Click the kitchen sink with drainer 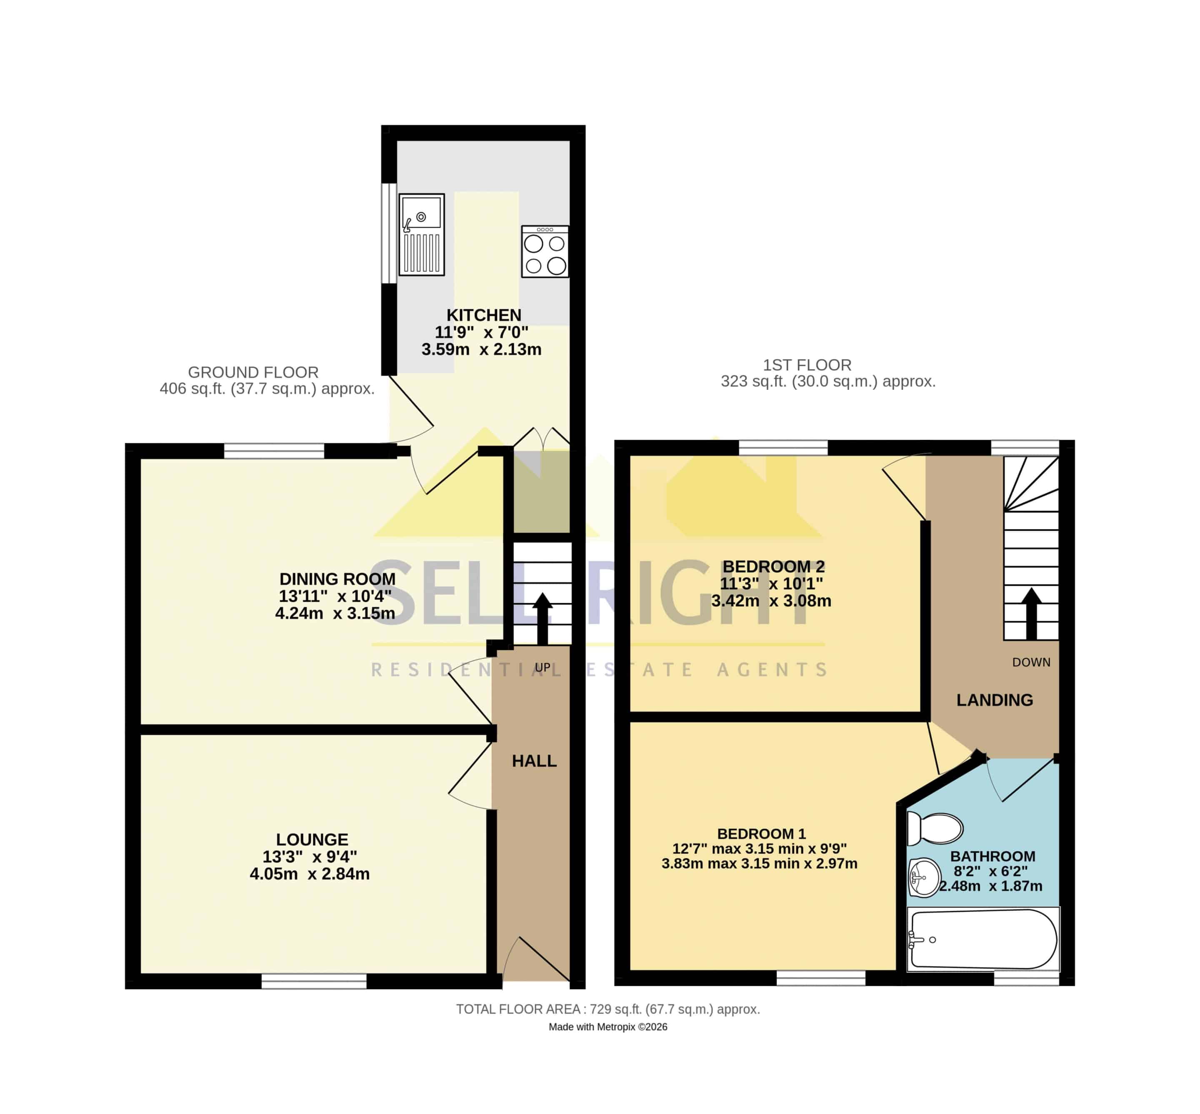[x=422, y=234]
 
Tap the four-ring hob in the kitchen [x=545, y=252]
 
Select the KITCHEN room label [x=484, y=315]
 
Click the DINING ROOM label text [x=337, y=579]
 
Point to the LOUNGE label [x=312, y=839]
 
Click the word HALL [x=534, y=761]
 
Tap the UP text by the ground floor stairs [x=543, y=667]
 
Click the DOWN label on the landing [x=1031, y=663]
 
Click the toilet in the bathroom [x=935, y=827]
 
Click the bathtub [x=983, y=939]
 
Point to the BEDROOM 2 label [x=774, y=567]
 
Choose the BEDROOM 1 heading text [x=761, y=834]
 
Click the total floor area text [x=608, y=1009]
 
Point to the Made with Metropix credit [x=608, y=1027]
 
